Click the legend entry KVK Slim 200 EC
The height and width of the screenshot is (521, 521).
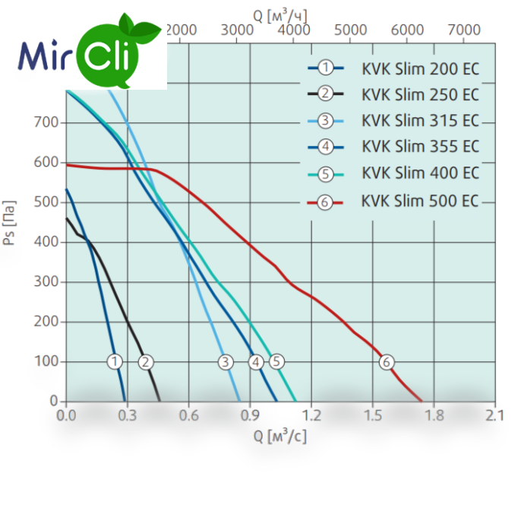[420, 69]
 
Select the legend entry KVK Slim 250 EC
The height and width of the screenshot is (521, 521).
[420, 94]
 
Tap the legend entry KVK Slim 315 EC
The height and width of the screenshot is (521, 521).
[420, 120]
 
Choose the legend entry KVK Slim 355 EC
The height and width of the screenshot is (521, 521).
[420, 146]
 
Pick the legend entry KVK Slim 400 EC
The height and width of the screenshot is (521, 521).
[420, 173]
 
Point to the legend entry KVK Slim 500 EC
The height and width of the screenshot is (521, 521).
[420, 201]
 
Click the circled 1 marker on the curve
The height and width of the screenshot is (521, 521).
[115, 362]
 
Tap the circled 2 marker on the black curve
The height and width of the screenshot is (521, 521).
[146, 362]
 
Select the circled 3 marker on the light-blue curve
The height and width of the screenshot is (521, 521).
[226, 362]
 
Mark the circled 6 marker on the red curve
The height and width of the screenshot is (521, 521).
[387, 362]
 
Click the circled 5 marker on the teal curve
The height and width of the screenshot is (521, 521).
[276, 362]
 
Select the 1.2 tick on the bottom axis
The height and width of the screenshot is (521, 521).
[311, 416]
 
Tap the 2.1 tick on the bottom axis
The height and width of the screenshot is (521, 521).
[495, 416]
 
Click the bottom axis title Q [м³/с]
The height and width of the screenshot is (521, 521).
[280, 437]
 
